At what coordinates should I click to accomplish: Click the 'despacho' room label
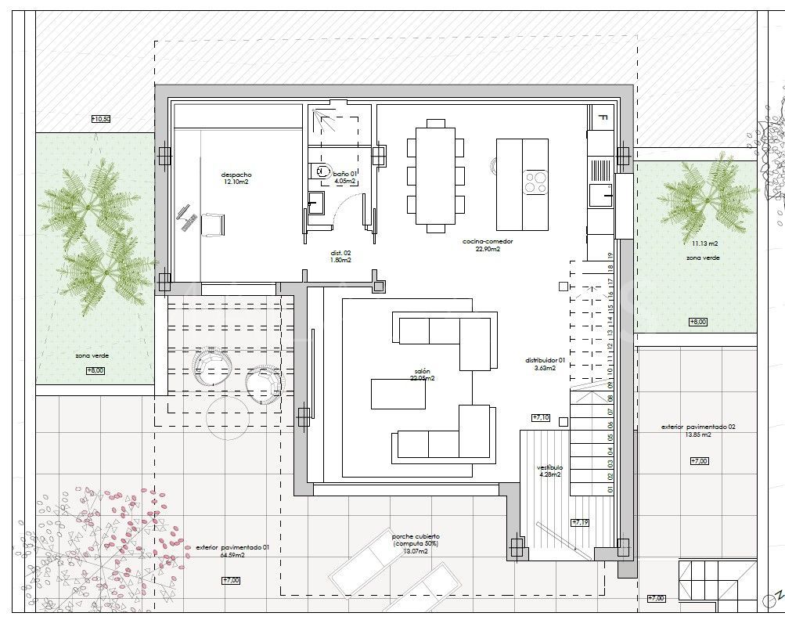tap(236, 175)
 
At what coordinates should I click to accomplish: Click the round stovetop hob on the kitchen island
tap(535, 182)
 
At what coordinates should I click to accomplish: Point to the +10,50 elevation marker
tap(101, 119)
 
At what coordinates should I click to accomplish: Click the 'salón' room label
tap(423, 371)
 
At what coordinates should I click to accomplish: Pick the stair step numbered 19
tap(609, 256)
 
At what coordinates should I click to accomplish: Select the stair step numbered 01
tap(609, 489)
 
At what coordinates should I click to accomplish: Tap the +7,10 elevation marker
tap(541, 418)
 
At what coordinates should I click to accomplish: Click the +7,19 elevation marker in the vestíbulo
tap(580, 522)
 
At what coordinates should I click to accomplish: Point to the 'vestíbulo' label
tap(550, 467)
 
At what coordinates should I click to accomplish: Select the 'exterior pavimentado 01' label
tap(232, 548)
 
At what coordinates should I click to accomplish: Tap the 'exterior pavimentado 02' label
tap(697, 427)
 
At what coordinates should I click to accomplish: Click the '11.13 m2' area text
tap(698, 243)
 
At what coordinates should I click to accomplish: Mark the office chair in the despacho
tap(213, 224)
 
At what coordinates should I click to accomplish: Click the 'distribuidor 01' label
tap(545, 361)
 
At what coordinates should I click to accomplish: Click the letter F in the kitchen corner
tap(602, 117)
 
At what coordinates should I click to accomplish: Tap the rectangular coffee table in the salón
tap(398, 393)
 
